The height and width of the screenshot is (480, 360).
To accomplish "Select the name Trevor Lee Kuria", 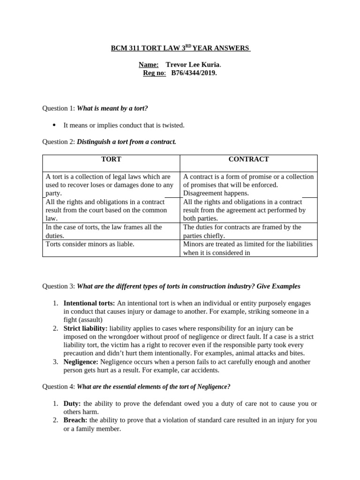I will [x=192, y=65].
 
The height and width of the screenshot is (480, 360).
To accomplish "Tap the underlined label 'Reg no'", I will [x=154, y=73].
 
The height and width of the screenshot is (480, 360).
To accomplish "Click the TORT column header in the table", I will [x=111, y=159].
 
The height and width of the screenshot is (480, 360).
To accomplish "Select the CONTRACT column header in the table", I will [x=248, y=159].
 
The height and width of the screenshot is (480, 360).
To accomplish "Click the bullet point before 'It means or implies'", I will [x=54, y=125].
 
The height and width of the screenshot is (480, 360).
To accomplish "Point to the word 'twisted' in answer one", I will [x=174, y=125].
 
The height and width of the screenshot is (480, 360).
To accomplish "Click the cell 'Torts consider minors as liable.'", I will [x=90, y=244].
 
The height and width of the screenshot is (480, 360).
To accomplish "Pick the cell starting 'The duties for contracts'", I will [x=242, y=231].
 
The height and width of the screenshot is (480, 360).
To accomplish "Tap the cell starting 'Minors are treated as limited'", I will [x=247, y=248].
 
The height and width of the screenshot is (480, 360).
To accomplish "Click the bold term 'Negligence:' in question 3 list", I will [x=81, y=362].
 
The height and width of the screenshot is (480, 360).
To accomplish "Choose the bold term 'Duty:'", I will [x=72, y=403].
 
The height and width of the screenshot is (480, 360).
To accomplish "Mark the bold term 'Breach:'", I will [x=75, y=420].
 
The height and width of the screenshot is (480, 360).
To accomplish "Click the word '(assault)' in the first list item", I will [x=90, y=320].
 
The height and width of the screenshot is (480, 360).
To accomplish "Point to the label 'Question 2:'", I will [x=59, y=142].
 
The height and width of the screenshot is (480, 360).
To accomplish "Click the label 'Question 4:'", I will [x=59, y=387].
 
